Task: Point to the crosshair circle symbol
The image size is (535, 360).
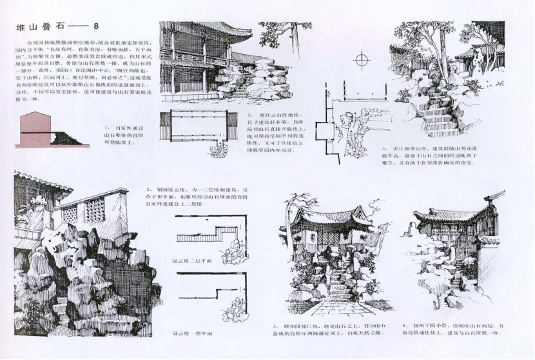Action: click(x=364, y=61)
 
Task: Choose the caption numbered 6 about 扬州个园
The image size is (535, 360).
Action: click(x=451, y=330)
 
